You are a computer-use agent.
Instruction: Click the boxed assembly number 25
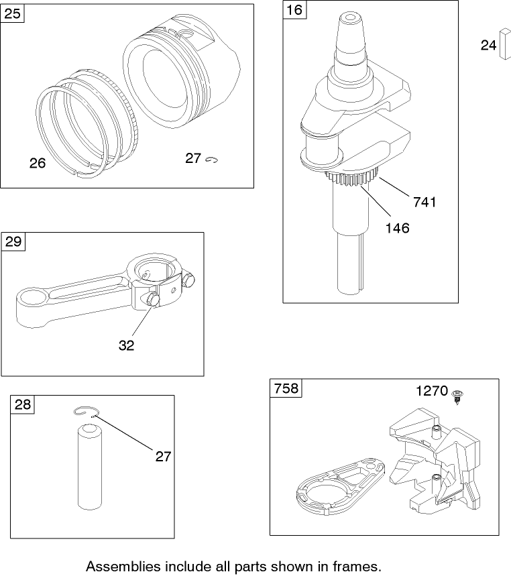pyautogui.click(x=12, y=13)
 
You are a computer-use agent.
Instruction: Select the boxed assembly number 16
pyautogui.click(x=294, y=9)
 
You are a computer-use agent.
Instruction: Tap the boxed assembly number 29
pyautogui.click(x=13, y=241)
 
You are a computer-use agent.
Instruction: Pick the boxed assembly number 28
pyautogui.click(x=22, y=404)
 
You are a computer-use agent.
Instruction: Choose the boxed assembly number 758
pyautogui.click(x=286, y=388)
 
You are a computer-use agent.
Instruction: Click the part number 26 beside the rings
pyautogui.click(x=38, y=163)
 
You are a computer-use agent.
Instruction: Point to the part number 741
pyautogui.click(x=424, y=202)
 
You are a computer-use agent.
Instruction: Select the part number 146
pyautogui.click(x=397, y=228)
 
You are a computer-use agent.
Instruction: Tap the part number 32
pyautogui.click(x=126, y=345)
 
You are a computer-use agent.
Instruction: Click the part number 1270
pyautogui.click(x=431, y=391)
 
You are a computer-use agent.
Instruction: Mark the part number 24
pyautogui.click(x=488, y=45)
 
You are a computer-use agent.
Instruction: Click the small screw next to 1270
pyautogui.click(x=459, y=395)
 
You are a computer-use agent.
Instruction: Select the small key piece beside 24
pyautogui.click(x=504, y=44)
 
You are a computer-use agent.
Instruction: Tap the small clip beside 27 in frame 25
pyautogui.click(x=214, y=160)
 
